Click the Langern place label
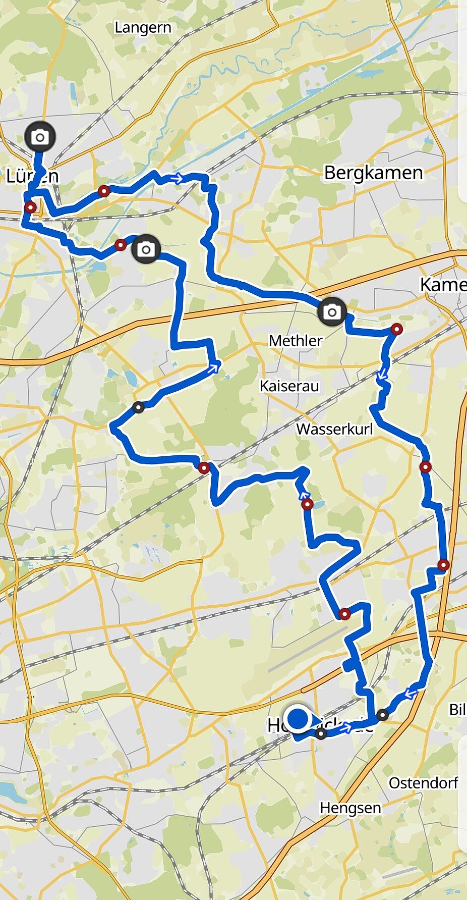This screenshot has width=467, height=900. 143,28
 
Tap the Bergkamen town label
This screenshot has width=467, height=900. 373,173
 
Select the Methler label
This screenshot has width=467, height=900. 296,341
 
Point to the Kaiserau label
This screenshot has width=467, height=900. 289,386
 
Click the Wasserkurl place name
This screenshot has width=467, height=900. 334,429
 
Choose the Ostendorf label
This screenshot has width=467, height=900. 423,783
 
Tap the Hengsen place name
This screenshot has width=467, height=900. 350,808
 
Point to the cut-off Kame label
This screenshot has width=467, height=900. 443,285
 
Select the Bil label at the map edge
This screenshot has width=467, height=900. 457,709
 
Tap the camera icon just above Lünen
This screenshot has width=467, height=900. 40,137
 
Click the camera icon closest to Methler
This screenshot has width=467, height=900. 332,312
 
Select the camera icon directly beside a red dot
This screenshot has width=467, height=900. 146,249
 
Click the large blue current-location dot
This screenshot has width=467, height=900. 299,718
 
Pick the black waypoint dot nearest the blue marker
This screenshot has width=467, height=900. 321,733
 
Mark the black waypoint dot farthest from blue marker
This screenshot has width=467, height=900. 138,407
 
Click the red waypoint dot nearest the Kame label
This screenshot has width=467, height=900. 397,330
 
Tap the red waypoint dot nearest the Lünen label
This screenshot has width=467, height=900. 31,207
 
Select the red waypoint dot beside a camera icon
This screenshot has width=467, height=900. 120,245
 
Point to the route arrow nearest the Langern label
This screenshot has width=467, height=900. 177,178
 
